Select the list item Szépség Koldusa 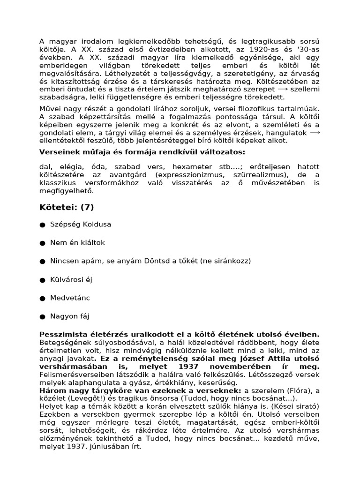tap(81, 225)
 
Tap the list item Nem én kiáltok tap(77, 243)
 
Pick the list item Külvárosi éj tap(71, 280)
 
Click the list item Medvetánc tap(70, 298)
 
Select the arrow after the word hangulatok tap(315, 133)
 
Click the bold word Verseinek tap(57, 152)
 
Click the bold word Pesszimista tap(62, 335)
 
